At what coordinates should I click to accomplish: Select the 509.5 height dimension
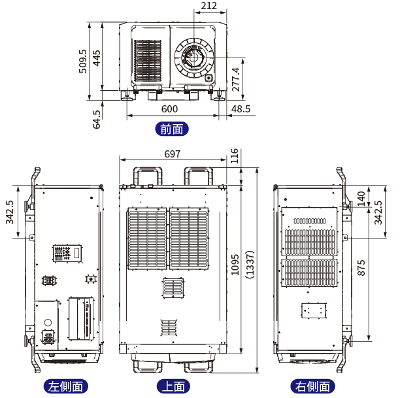(83, 61)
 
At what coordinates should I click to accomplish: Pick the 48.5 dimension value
(240, 109)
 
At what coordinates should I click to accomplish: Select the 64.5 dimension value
(97, 119)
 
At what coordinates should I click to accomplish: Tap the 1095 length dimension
(236, 265)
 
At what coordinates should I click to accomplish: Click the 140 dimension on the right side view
(361, 198)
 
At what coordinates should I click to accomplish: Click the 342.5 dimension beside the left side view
(9, 212)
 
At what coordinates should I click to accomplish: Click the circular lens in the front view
(194, 58)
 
